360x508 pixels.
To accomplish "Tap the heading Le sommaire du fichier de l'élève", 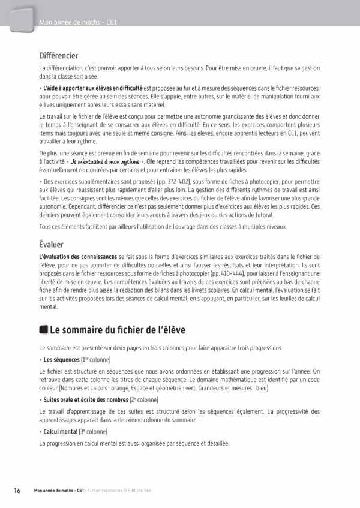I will [x=118, y=330].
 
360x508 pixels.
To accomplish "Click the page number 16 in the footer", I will [x=17, y=490].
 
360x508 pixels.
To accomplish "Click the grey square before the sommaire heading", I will [x=43, y=330].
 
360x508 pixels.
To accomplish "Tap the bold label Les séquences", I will [x=61, y=360].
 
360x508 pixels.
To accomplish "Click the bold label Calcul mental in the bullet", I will [x=61, y=431].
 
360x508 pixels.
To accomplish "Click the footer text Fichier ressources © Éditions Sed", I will [x=119, y=491].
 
